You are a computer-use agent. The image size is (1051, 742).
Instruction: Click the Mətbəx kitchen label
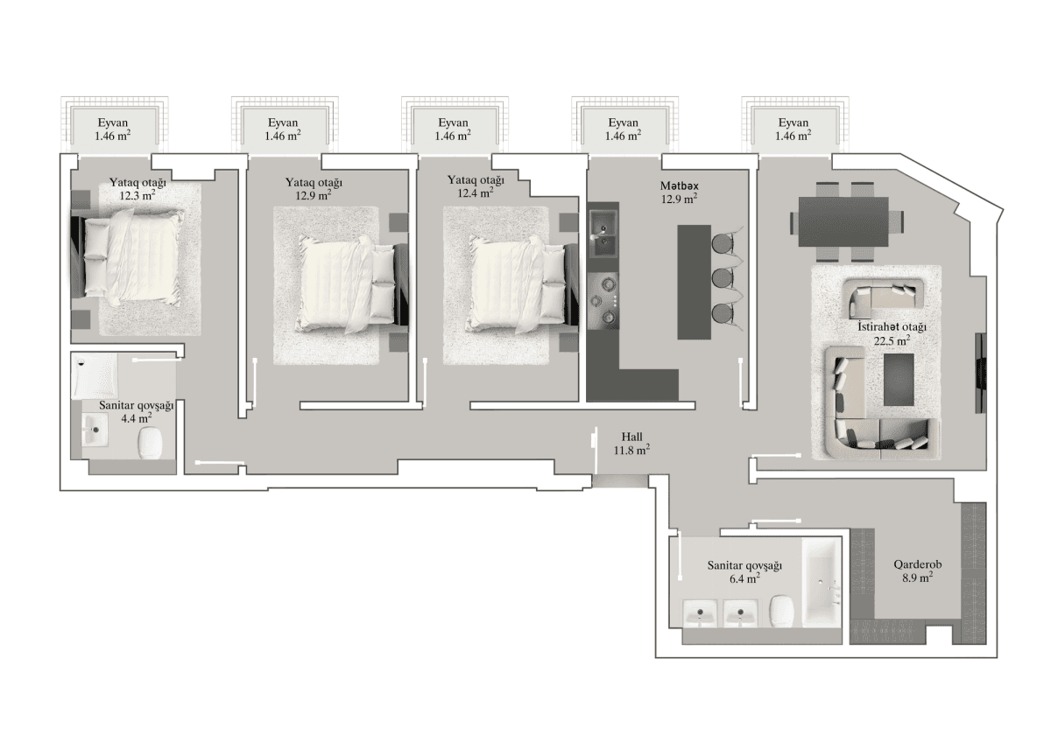click(679, 186)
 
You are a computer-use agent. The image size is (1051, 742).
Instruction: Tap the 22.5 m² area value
click(891, 340)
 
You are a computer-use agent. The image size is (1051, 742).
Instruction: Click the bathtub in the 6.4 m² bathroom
click(822, 586)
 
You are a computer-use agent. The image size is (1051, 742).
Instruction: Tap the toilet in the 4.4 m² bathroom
click(151, 442)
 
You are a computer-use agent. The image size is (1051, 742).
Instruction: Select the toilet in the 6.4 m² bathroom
click(782, 612)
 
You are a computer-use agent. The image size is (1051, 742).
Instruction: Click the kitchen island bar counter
click(695, 282)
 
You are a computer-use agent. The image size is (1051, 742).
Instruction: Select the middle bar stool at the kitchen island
click(723, 278)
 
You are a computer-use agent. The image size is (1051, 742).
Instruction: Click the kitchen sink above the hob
click(603, 232)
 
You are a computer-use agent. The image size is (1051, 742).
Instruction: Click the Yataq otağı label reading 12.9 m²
click(314, 189)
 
